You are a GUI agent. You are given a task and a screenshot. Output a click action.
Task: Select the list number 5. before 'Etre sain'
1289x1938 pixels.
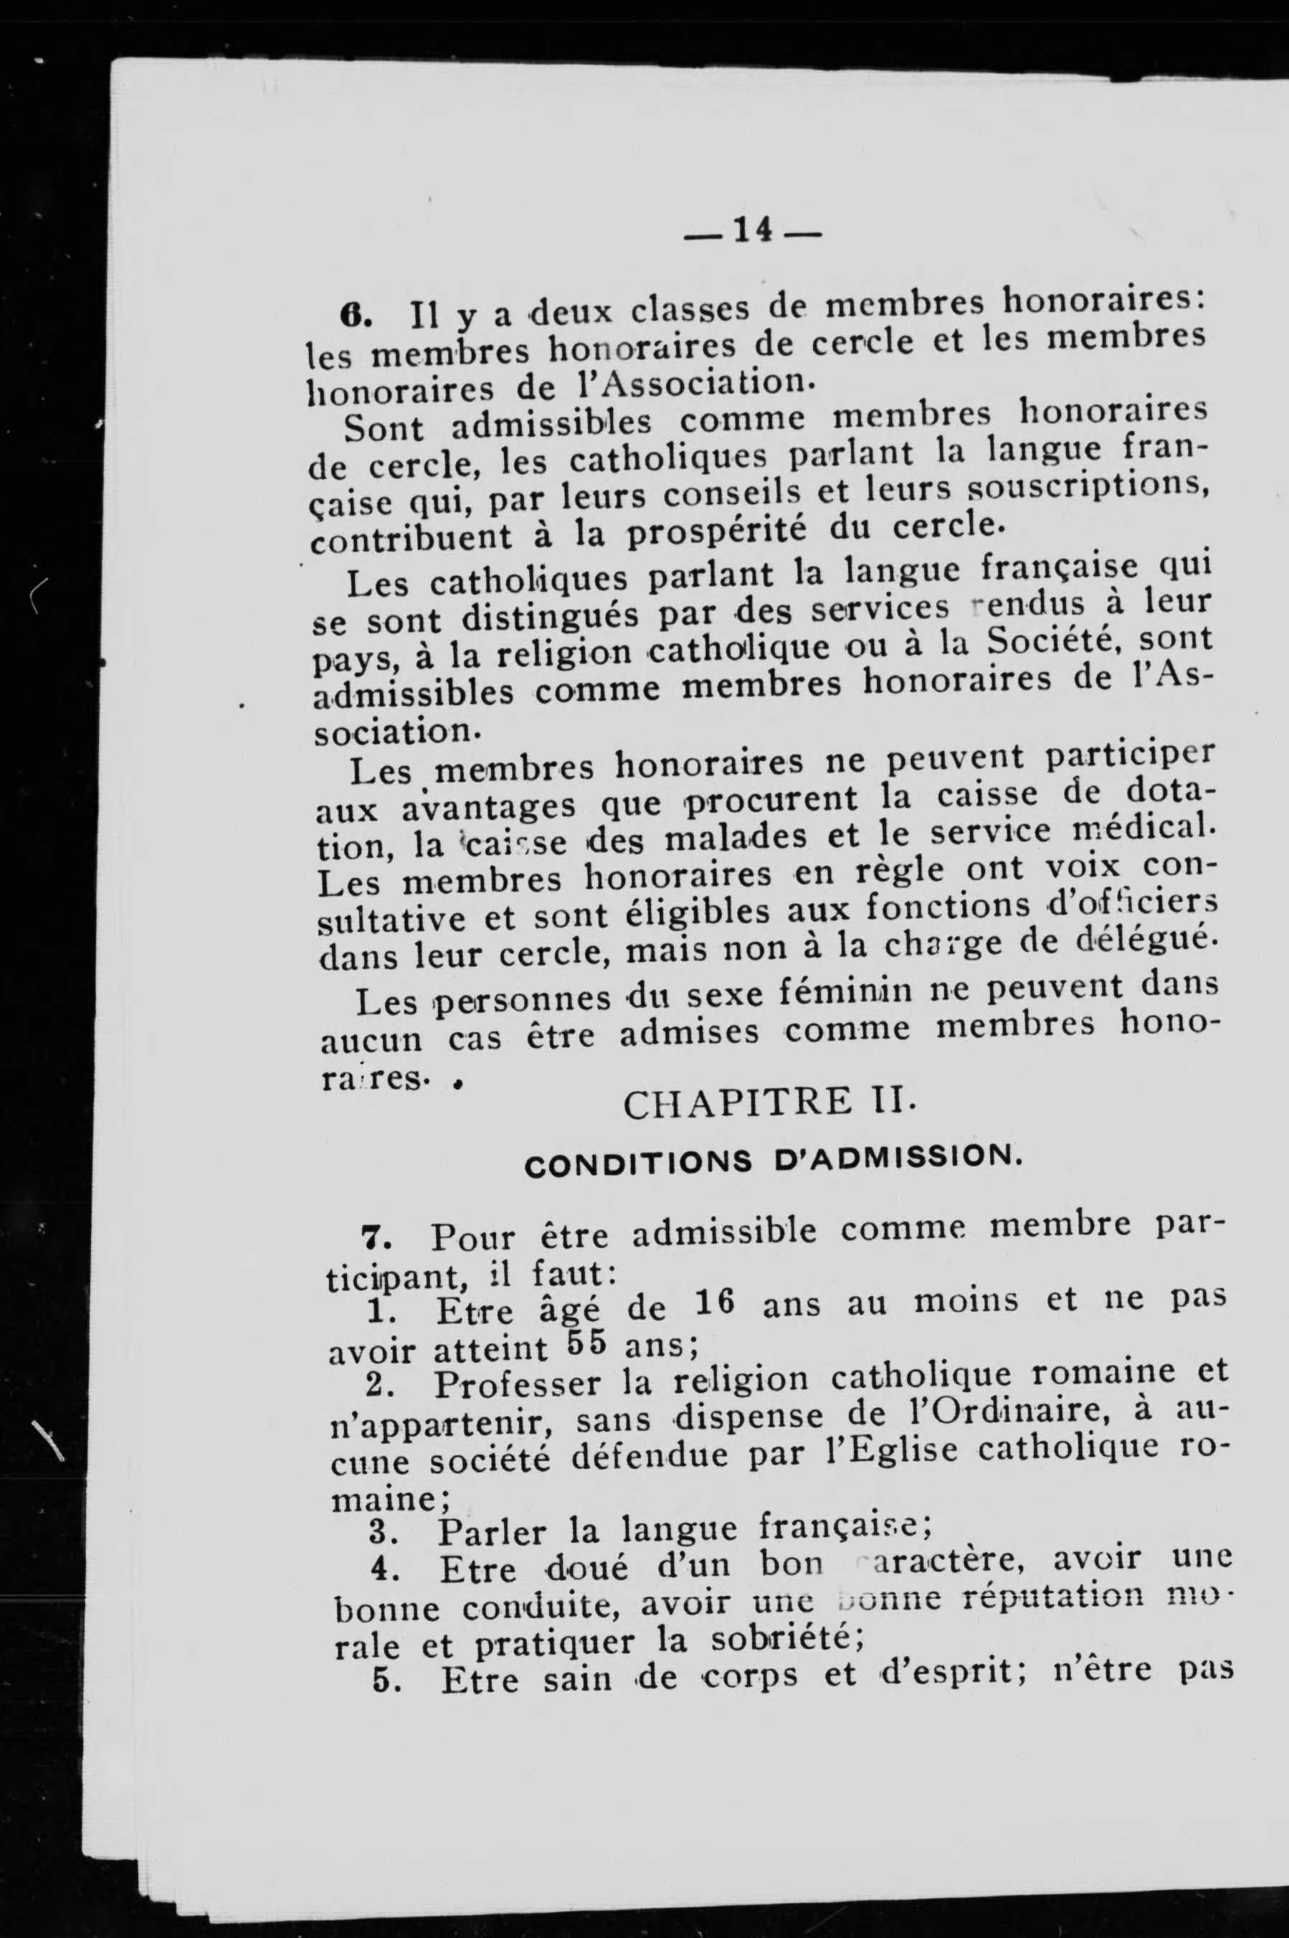(x=384, y=1675)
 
